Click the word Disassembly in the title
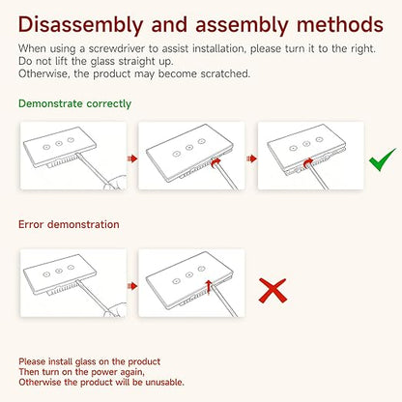point(80,25)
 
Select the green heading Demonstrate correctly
point(74,103)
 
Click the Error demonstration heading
point(69,224)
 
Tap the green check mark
point(383,159)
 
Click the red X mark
point(273,291)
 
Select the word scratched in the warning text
point(225,73)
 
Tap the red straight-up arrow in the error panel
point(209,287)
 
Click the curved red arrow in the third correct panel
point(308,162)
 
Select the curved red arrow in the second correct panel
point(215,162)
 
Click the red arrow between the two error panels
point(132,286)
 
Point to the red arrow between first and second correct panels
point(132,158)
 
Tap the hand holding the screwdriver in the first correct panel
point(115,183)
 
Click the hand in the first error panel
point(115,309)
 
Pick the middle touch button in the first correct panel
point(59,143)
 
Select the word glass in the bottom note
point(86,362)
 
